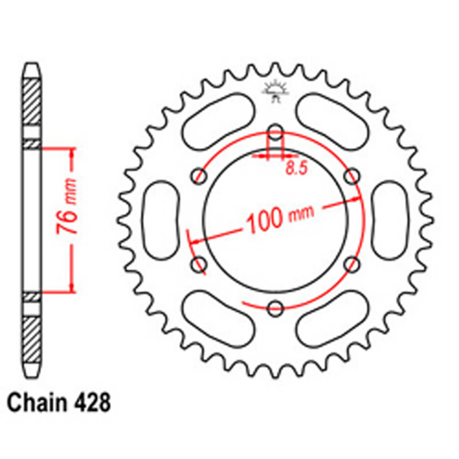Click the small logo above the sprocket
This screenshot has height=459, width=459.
(x=274, y=88)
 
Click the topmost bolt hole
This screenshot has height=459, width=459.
(x=274, y=130)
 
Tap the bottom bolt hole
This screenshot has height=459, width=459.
(x=274, y=307)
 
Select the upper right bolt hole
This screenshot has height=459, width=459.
(x=350, y=174)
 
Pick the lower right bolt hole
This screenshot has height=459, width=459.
(x=350, y=263)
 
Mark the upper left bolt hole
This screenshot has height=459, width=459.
(x=197, y=174)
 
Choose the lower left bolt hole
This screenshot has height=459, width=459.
(x=197, y=263)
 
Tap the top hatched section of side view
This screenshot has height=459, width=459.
(x=30, y=106)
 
